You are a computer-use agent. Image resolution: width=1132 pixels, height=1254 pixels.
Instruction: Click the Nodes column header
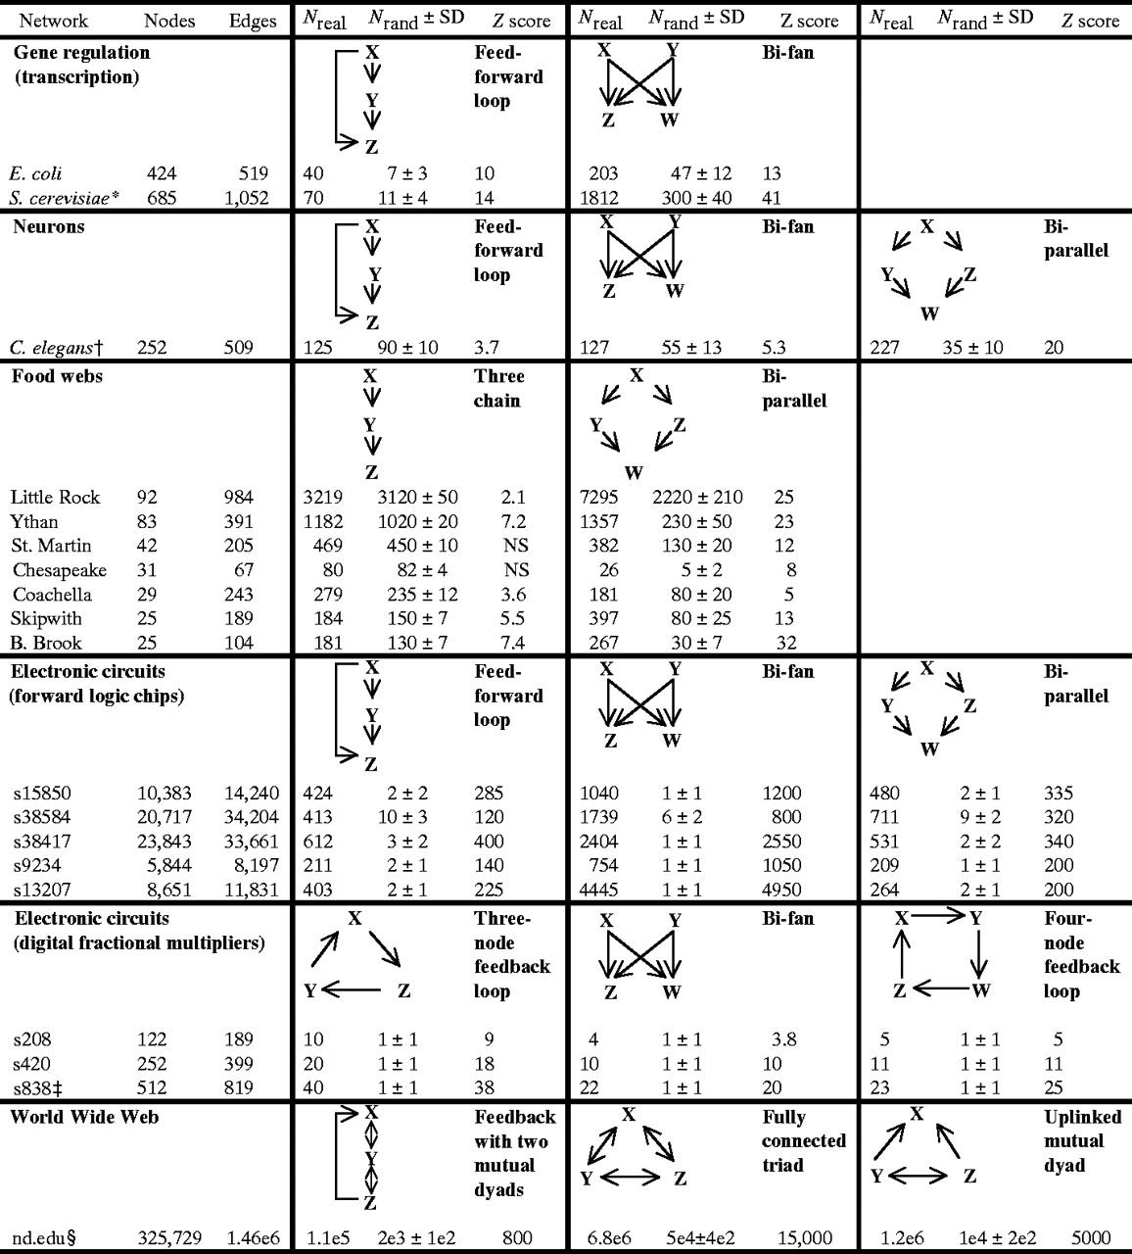pos(169,21)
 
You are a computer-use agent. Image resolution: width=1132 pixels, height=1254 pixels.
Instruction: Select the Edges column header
pos(253,21)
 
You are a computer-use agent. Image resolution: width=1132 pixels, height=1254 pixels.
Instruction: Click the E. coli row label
pos(35,174)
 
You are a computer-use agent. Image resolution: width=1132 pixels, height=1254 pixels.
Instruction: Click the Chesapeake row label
pos(59,570)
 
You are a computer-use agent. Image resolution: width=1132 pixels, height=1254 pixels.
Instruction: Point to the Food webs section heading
pos(57,377)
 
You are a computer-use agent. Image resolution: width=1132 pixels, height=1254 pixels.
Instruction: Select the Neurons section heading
pos(49,227)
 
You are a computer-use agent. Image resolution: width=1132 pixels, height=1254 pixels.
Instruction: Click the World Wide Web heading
pos(84,1118)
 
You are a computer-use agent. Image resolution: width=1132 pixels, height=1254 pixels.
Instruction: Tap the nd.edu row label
pos(44,1237)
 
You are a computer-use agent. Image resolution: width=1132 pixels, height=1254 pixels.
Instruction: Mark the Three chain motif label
pos(498,389)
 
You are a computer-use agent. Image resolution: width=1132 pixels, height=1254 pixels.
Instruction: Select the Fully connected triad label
pos(803,1141)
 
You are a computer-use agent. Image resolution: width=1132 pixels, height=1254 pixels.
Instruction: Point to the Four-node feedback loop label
pos(1081,955)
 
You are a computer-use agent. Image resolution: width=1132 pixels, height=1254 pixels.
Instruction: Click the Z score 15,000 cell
pos(803,1237)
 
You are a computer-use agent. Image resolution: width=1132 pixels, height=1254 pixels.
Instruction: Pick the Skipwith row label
pos(46,619)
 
